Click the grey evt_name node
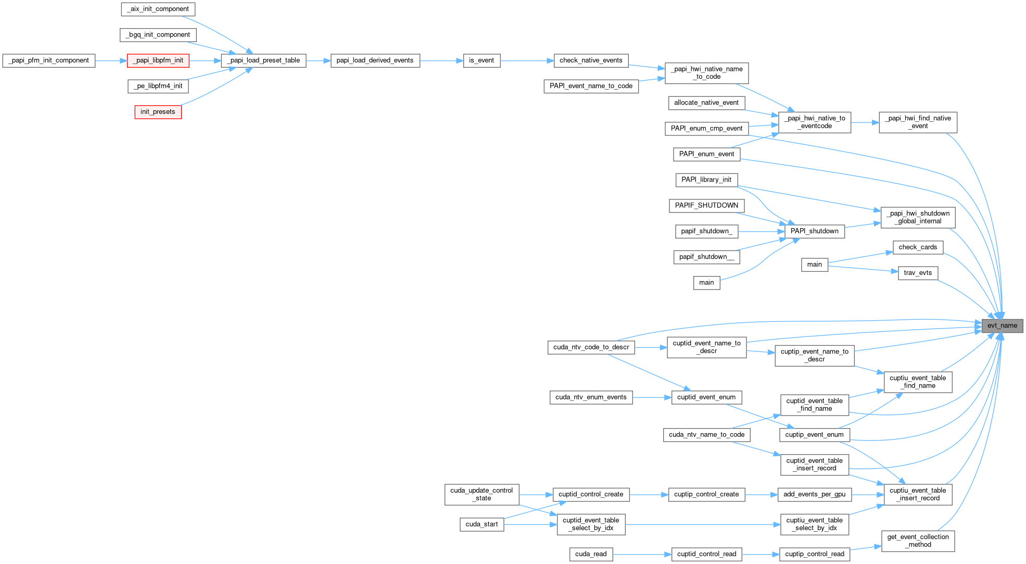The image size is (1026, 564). (1002, 326)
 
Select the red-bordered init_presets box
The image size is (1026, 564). (158, 112)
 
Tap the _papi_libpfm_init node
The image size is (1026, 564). (158, 60)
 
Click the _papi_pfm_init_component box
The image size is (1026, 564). (49, 60)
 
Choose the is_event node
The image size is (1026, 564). (482, 60)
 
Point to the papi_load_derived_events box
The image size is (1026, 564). (375, 60)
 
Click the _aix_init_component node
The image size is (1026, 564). (158, 9)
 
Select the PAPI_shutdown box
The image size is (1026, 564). (814, 231)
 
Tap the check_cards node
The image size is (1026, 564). (918, 247)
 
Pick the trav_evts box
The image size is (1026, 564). (918, 273)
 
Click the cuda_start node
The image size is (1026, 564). (482, 524)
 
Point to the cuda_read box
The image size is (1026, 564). (591, 554)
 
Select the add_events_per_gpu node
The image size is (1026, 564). (814, 494)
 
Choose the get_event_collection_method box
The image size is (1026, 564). (918, 541)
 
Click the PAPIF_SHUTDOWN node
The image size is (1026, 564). (706, 206)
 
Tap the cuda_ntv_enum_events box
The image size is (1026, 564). (591, 397)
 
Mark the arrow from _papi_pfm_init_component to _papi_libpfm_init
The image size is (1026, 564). (111, 61)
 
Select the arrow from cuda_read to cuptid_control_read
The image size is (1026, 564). (642, 555)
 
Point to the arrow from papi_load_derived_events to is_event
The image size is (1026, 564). (441, 61)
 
